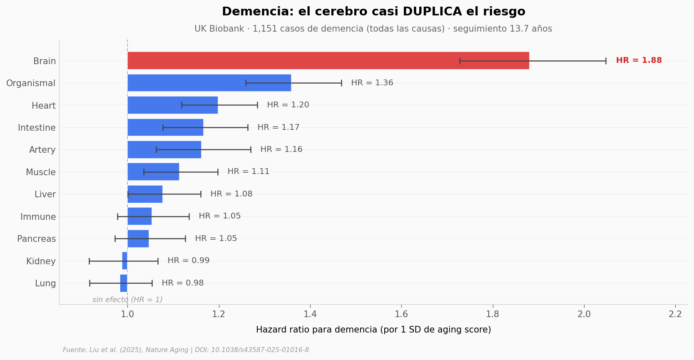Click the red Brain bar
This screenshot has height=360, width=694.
[x=328, y=61]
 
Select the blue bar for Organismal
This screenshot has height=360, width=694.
[x=209, y=83]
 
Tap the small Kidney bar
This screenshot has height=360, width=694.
[x=125, y=261]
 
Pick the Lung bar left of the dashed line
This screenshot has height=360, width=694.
[x=124, y=283]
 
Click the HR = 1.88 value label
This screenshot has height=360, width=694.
[x=639, y=60]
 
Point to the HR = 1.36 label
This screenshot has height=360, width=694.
[x=372, y=83]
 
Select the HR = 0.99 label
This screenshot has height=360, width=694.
[x=188, y=261]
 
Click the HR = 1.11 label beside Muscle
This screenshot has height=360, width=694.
[x=249, y=171]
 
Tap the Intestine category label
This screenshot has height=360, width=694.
[x=37, y=128]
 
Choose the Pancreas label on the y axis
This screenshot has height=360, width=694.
[x=37, y=239]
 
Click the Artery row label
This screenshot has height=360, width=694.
[x=42, y=150]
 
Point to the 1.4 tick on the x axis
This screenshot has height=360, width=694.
[x=310, y=314]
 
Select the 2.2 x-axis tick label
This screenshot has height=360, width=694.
[x=675, y=314]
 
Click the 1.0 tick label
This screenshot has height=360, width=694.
[x=127, y=314]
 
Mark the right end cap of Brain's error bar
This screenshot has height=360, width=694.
[x=606, y=61]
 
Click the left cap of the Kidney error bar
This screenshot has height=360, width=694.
[x=89, y=261]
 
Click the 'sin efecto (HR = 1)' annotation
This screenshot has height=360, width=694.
[x=127, y=300]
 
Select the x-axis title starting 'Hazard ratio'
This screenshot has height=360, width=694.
[x=373, y=330]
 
